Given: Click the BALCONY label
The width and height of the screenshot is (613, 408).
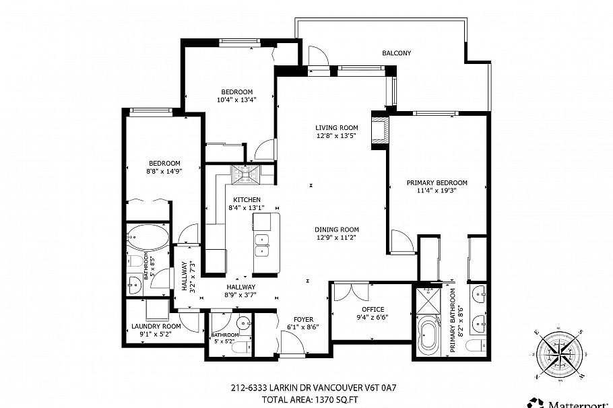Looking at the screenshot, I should [396, 53].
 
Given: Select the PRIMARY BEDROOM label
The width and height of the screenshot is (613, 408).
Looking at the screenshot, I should [437, 182].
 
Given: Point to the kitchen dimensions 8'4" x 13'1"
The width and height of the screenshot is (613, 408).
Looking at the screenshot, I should [246, 208].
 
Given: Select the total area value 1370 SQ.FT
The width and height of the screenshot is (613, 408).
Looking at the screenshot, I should [341, 399].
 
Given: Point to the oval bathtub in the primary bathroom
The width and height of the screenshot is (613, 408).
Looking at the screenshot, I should [429, 337].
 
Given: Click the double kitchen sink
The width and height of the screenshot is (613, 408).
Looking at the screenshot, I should [261, 246].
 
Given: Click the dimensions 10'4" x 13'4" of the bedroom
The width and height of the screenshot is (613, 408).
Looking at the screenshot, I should [236, 100].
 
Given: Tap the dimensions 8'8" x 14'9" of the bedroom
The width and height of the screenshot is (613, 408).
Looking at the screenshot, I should [164, 171].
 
